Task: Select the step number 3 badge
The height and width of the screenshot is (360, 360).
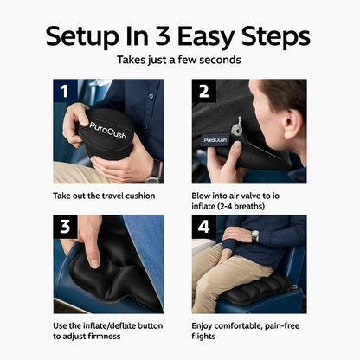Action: tap(63, 228)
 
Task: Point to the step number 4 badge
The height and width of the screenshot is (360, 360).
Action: tap(202, 228)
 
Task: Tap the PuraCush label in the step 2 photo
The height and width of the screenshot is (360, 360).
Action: tap(215, 138)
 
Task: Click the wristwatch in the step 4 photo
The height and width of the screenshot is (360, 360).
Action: tap(254, 235)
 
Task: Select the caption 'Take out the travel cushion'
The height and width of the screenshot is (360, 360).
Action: tap(104, 196)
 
